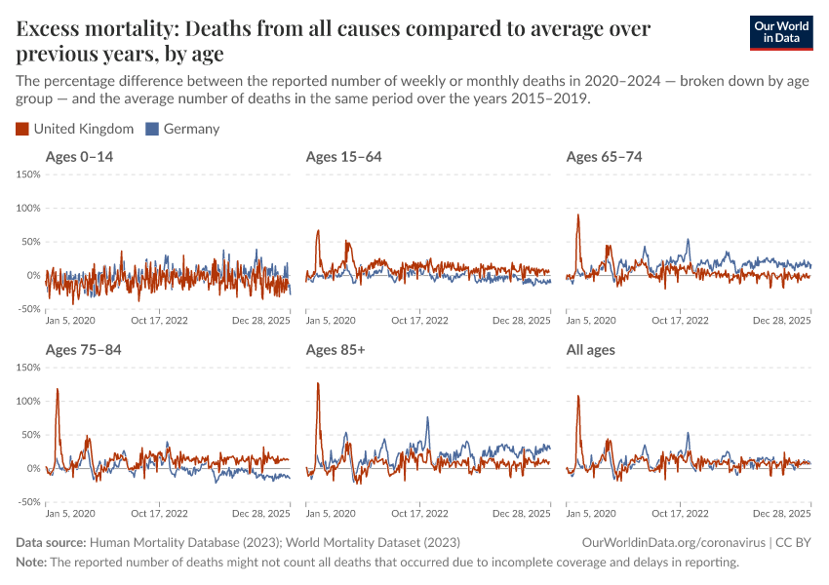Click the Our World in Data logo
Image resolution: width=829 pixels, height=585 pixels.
click(x=780, y=32)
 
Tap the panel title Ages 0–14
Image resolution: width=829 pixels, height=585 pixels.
click(x=79, y=157)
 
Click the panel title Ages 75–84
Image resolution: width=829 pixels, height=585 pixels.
click(x=83, y=349)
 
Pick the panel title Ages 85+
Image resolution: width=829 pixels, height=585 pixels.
click(x=335, y=349)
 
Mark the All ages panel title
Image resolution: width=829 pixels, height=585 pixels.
click(x=590, y=349)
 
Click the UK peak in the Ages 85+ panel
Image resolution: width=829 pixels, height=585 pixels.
click(x=318, y=383)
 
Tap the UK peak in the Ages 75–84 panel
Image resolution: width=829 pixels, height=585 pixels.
click(x=58, y=389)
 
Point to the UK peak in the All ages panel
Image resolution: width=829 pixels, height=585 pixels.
click(x=578, y=396)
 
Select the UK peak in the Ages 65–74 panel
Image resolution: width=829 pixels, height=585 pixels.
click(x=578, y=215)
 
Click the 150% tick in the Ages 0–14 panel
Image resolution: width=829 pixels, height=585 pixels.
click(x=27, y=175)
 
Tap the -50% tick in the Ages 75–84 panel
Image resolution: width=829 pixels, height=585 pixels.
click(x=27, y=502)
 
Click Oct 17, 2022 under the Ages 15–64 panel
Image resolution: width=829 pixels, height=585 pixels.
click(x=420, y=320)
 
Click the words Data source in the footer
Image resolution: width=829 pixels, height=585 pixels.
click(x=51, y=542)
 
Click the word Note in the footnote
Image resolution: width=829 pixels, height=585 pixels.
click(x=31, y=563)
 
